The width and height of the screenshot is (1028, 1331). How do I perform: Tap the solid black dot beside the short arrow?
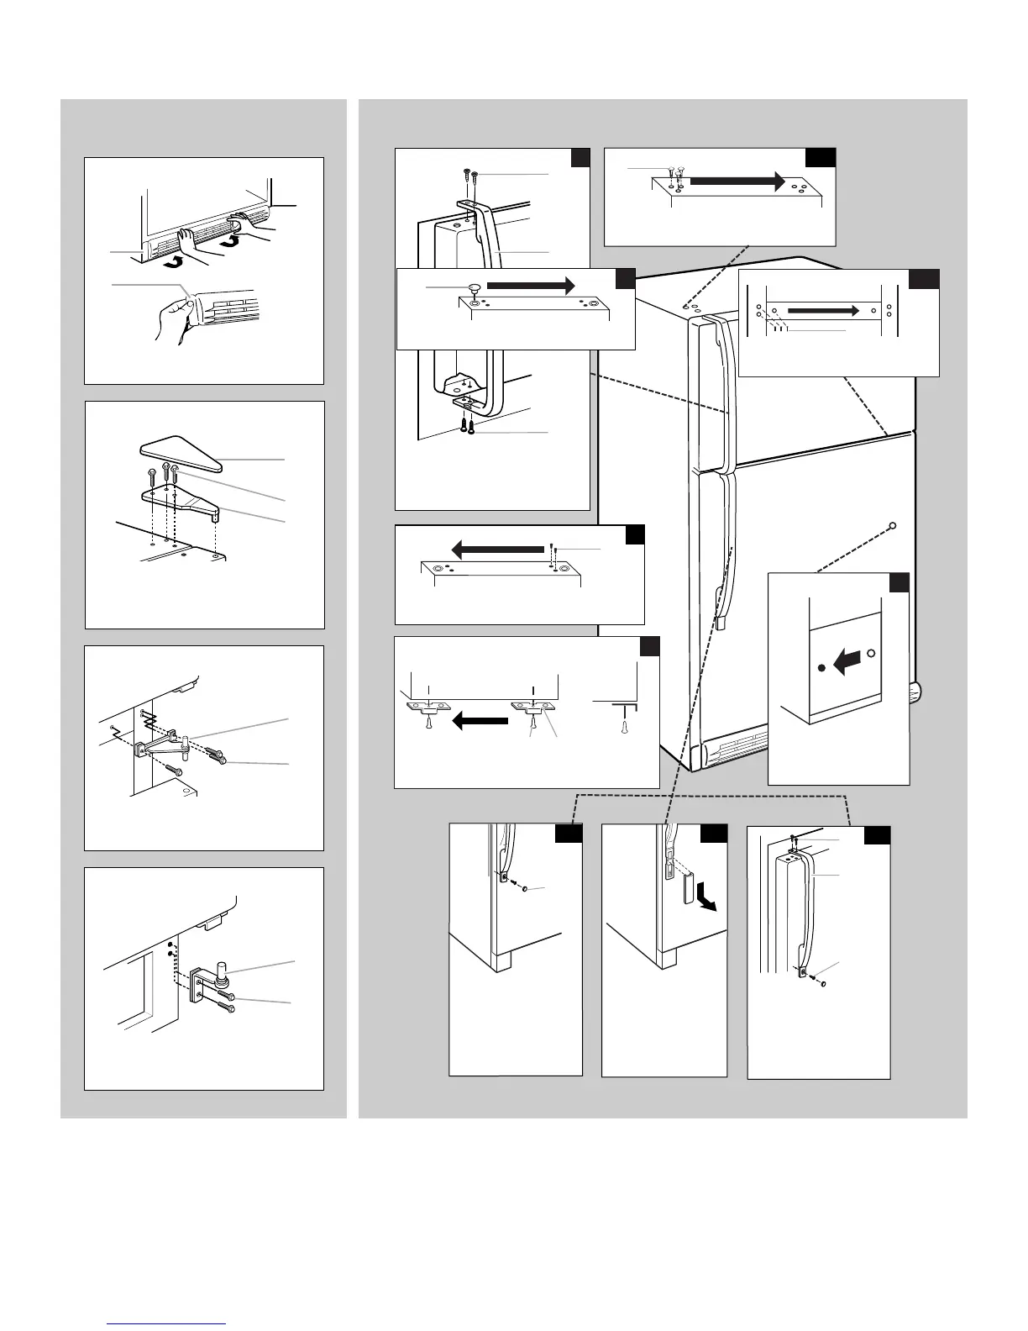pyautogui.click(x=821, y=670)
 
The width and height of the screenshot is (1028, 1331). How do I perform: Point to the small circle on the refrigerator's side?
pyautogui.click(x=892, y=525)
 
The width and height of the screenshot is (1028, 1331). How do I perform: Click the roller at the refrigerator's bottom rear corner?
pyautogui.click(x=920, y=693)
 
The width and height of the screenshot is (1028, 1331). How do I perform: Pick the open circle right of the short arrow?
pyautogui.click(x=871, y=653)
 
